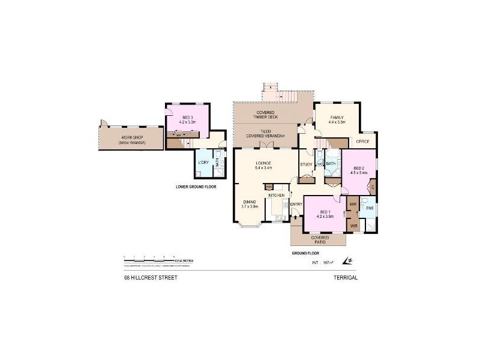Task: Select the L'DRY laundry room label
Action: click(x=203, y=163)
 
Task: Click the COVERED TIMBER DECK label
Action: click(x=265, y=115)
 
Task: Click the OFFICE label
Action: click(x=362, y=142)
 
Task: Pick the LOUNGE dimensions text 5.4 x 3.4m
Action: click(x=264, y=168)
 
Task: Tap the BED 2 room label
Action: click(x=358, y=167)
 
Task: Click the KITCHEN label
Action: click(x=276, y=196)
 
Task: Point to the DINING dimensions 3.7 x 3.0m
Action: click(x=250, y=206)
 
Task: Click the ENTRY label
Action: click(x=296, y=205)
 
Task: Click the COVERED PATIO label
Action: click(x=319, y=239)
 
